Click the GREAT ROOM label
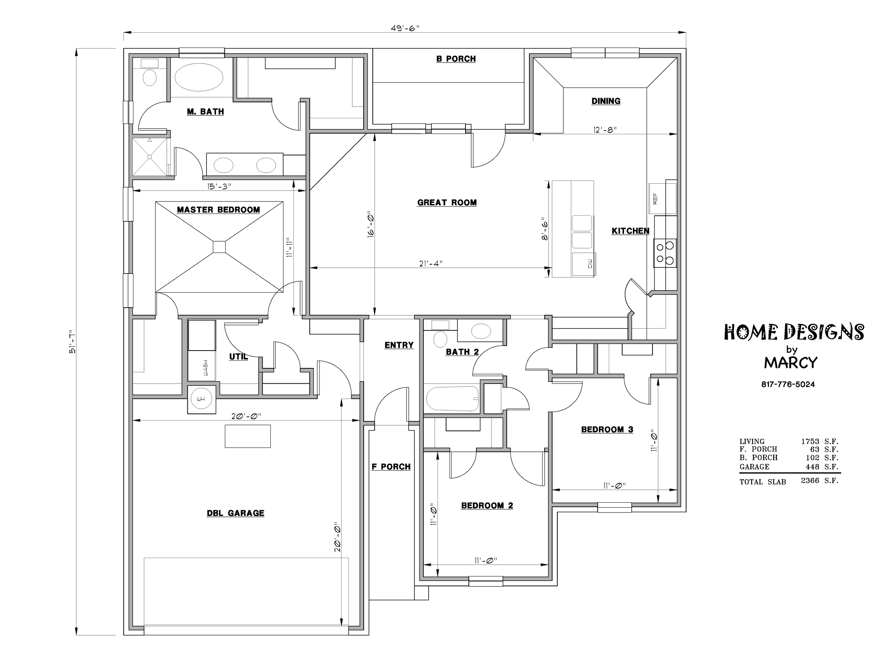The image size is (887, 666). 447,203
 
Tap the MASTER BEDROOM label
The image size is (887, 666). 218,210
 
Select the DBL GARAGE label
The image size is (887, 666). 235,513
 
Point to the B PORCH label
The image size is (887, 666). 456,59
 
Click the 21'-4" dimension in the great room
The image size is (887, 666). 431,263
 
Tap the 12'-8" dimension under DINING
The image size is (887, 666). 605,130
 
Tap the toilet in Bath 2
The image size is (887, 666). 440,339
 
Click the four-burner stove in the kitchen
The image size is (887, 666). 665,253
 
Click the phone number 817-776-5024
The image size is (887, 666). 788,385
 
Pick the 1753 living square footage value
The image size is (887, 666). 810,442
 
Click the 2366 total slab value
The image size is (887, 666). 810,481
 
